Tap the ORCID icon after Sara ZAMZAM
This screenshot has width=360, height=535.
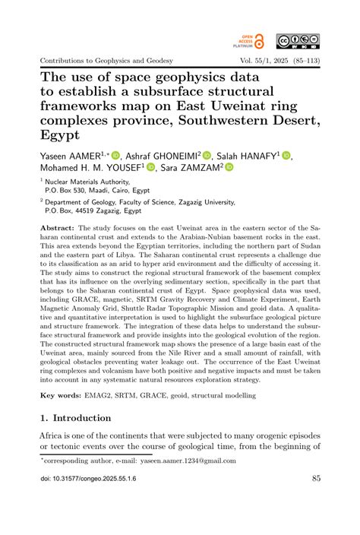coord(229,167)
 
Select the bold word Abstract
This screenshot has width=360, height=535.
coord(57,227)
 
